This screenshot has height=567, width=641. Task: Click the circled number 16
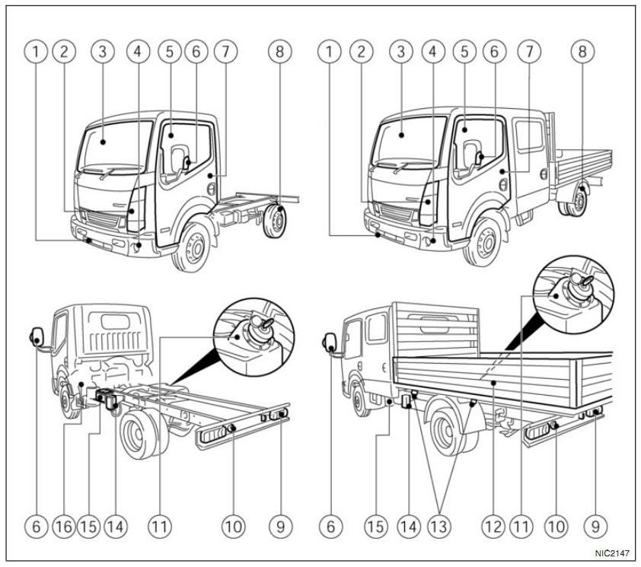[64, 526]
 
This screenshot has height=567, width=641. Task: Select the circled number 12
[493, 526]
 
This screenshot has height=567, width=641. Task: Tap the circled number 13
[438, 526]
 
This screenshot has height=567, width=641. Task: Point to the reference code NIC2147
[612, 553]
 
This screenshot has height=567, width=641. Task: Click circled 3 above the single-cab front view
[102, 52]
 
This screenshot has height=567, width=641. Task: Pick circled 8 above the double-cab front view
[582, 52]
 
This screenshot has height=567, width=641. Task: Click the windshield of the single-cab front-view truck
[115, 146]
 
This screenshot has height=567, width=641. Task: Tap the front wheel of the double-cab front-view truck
[485, 243]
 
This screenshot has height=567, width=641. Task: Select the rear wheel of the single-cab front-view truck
[275, 221]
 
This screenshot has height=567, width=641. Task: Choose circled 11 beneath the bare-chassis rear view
[159, 526]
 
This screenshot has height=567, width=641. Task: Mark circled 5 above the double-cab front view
[464, 52]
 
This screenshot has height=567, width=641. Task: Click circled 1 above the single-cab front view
[36, 52]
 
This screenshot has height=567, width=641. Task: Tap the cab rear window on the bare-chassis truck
[115, 322]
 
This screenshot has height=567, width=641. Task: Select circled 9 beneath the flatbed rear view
[595, 526]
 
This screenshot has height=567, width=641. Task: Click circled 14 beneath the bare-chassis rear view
[116, 526]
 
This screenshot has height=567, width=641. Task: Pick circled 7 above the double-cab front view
[529, 52]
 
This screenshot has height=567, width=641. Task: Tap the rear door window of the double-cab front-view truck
[528, 135]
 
